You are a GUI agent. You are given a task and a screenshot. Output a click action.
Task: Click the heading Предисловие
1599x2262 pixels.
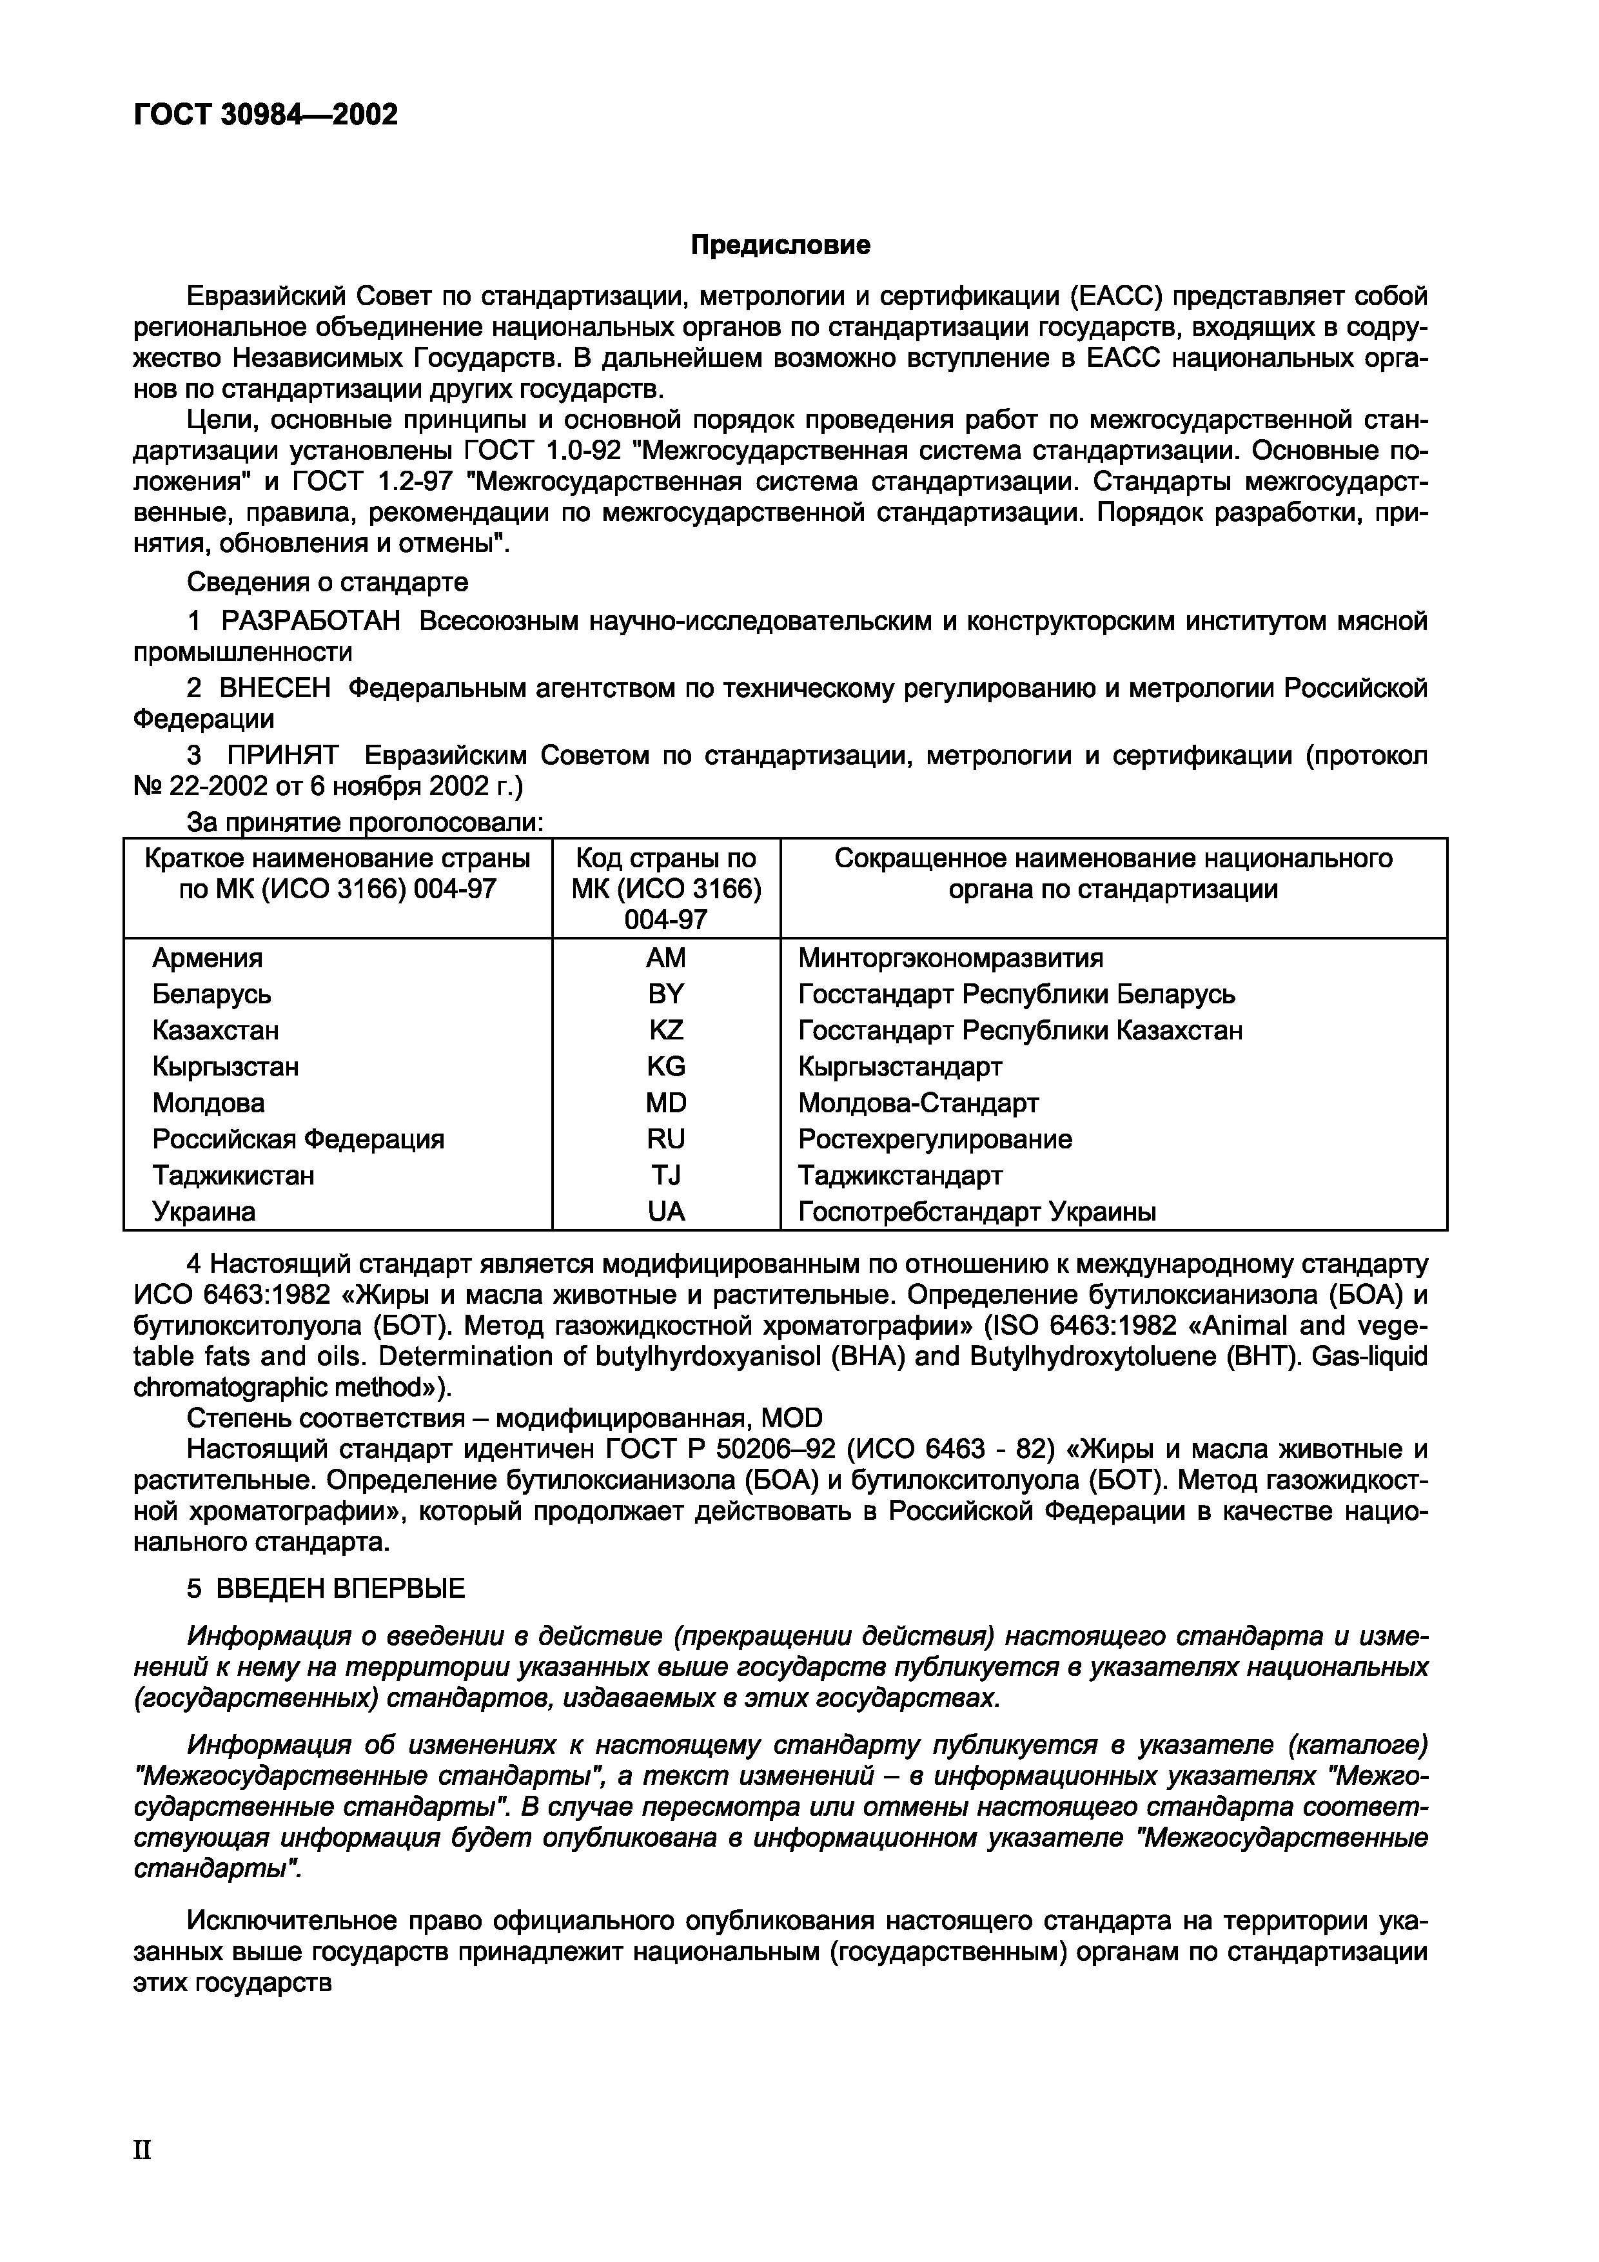(x=780, y=245)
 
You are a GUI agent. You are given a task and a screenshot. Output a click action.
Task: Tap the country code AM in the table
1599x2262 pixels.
(x=666, y=958)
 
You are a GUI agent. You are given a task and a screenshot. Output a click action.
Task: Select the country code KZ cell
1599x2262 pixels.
(x=666, y=1030)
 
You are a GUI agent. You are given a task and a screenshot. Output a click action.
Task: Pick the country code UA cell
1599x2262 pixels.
(x=666, y=1212)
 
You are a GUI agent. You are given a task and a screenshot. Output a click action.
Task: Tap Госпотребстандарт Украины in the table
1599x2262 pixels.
(x=976, y=1212)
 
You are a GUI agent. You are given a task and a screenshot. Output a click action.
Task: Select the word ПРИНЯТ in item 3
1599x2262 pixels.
(x=283, y=756)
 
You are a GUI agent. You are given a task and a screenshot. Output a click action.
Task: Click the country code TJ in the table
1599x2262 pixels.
(x=666, y=1175)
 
